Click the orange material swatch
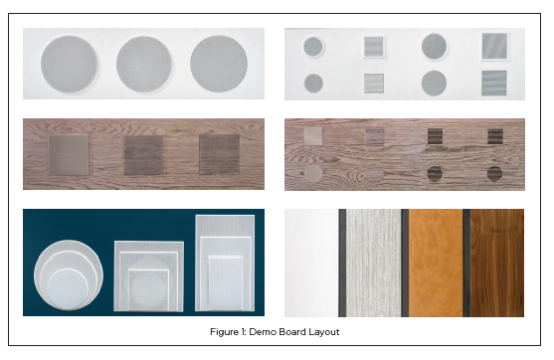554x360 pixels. coord(436,263)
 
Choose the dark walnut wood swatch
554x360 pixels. coord(497,263)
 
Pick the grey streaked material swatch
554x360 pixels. coord(373,263)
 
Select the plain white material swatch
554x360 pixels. coord(311,263)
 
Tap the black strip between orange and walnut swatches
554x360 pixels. coord(466,263)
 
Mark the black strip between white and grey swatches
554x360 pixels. coord(342,263)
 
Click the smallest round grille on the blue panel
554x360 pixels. coord(67,289)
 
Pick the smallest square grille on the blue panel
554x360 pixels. coord(148,290)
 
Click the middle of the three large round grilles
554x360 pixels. coord(144,64)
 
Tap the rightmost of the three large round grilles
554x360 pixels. coord(219,64)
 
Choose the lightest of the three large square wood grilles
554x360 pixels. coord(69,155)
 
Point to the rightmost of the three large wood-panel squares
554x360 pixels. coord(219,155)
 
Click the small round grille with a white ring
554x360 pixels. coord(313,47)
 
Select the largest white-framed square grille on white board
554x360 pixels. coord(494,47)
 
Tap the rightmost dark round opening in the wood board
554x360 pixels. coord(494,174)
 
